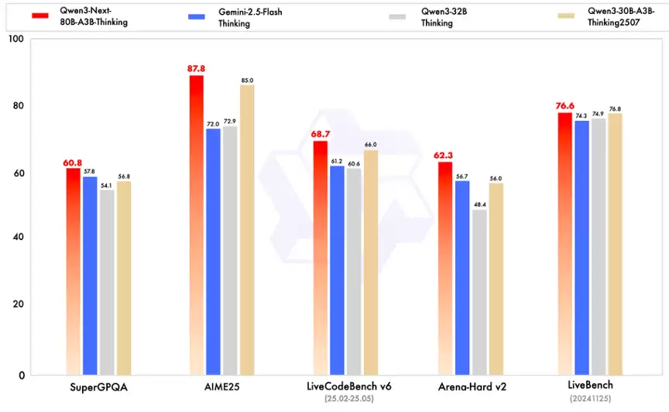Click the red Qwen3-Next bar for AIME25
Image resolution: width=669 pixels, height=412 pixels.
coord(197,225)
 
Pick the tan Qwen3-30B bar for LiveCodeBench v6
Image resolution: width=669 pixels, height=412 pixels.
coord(371,263)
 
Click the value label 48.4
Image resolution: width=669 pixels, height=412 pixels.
coord(479,204)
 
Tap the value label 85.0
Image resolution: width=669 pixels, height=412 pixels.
coord(247,80)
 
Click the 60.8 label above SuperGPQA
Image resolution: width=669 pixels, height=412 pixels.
coord(73,163)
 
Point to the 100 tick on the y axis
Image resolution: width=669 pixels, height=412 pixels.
coord(15,39)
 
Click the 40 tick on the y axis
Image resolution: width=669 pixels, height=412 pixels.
coord(19,237)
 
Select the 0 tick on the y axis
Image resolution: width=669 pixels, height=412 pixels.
coord(22,376)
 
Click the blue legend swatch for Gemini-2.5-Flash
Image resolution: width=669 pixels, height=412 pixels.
coord(198,15)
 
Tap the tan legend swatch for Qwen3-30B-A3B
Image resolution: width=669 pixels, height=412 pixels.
coord(568,15)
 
